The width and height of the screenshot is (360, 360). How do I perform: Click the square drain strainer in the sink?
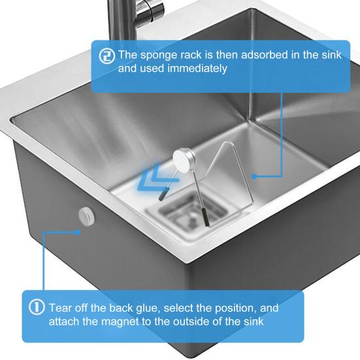click(171, 214)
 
